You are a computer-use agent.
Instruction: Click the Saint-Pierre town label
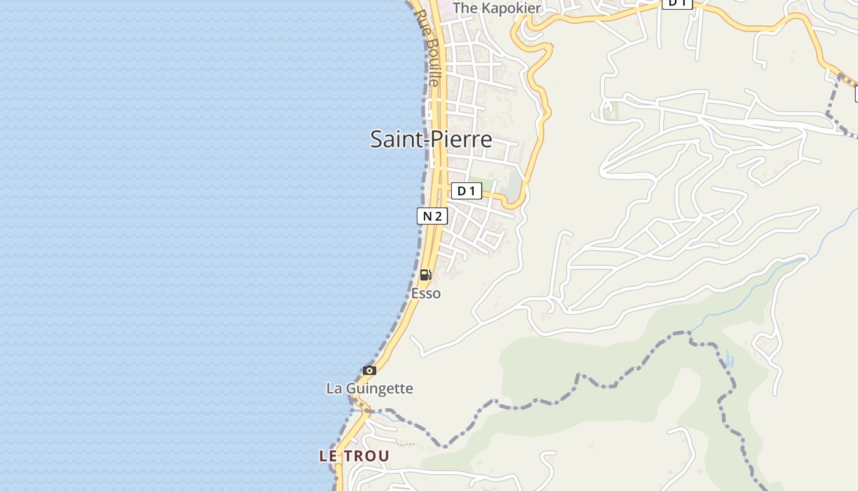coord(431,139)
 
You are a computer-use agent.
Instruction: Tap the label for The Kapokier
coord(496,8)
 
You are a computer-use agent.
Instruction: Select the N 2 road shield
coord(432,216)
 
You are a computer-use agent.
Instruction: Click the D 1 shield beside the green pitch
coord(466,191)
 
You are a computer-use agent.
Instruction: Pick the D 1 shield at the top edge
coord(677,3)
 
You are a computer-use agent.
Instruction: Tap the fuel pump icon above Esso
coord(425,275)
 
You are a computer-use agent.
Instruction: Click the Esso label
coord(426,293)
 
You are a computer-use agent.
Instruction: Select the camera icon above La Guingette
coord(369,370)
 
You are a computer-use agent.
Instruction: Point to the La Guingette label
coord(370,389)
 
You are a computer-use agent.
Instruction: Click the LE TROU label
coord(354,456)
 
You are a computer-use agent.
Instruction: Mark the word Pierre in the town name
coord(461,139)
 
